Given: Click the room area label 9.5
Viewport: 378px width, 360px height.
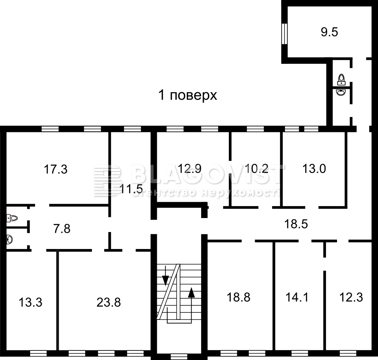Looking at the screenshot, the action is (329, 32).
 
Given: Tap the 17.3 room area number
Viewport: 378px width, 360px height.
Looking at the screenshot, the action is (55, 169).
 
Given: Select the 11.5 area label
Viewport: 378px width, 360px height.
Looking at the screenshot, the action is (131, 189).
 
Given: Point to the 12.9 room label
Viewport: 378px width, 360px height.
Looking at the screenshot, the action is (189, 169).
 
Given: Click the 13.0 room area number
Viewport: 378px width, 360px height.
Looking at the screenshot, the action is (314, 169).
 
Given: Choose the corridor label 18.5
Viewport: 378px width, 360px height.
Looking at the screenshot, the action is (296, 224).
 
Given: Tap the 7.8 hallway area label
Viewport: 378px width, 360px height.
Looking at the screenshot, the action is (62, 229).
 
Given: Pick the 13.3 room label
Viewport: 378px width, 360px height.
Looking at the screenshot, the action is (30, 302).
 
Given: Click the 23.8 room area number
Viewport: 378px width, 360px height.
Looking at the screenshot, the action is (109, 302).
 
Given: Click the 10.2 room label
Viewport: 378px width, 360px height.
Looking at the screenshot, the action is (257, 169).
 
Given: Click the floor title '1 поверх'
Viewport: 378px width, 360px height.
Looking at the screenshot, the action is (188, 95).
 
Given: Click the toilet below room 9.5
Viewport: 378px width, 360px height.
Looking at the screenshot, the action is (341, 80).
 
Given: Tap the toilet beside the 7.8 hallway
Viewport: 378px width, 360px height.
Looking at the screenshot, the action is (12, 218).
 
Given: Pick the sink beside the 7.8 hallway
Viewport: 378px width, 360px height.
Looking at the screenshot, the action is (9, 239).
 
